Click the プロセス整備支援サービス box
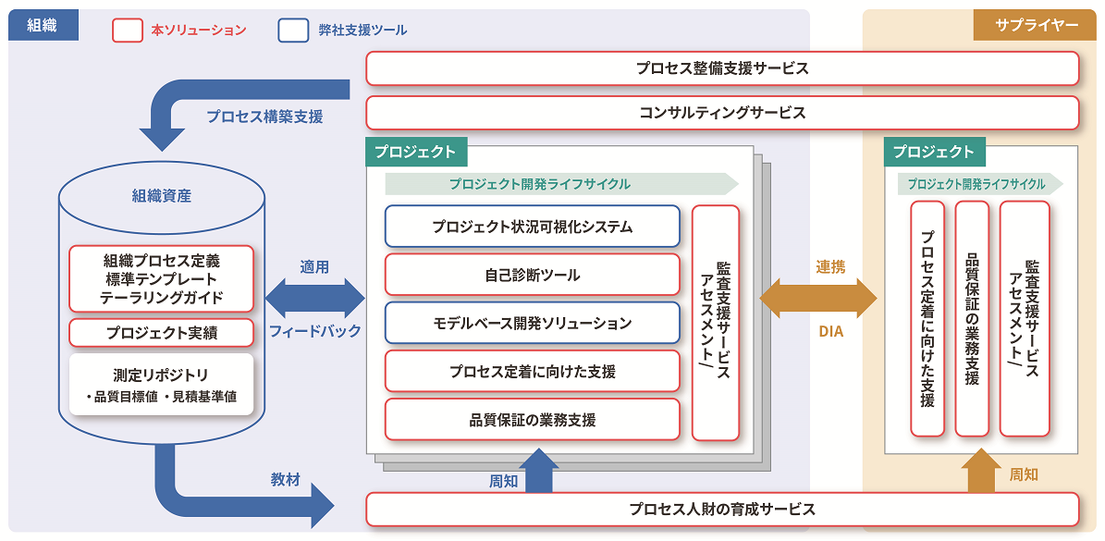point(722,68)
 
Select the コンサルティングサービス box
point(722,113)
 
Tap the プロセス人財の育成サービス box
point(722,510)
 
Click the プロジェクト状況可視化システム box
point(532,227)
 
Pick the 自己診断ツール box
point(532,275)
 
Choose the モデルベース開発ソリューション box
point(532,323)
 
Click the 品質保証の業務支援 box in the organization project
point(532,419)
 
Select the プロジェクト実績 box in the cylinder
point(161,333)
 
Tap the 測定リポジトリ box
point(161,384)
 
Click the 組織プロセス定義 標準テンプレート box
point(161,278)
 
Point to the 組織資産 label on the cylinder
point(161,196)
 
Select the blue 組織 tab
point(43,26)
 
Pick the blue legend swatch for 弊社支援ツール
point(293,31)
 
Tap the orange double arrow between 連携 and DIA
point(817,299)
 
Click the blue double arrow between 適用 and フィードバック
point(314,299)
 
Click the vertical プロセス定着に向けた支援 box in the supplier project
point(927,318)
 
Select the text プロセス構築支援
point(264,117)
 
